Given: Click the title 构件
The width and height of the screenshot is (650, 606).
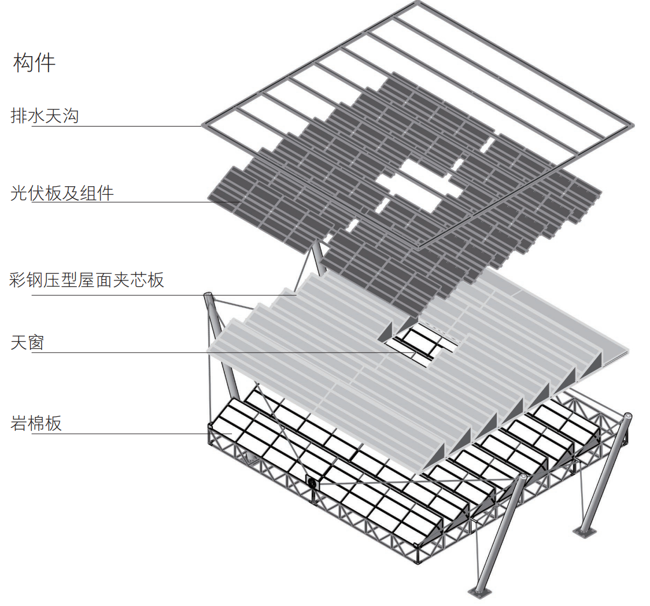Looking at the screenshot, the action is coord(34,63).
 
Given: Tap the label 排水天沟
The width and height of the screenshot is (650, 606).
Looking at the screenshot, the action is coord(45,116).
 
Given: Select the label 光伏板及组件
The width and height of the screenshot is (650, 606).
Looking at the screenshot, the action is coord(62,193).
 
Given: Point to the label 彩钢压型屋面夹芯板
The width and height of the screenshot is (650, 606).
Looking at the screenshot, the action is coord(87,280).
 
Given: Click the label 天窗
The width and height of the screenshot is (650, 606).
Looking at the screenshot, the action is coord(27,343).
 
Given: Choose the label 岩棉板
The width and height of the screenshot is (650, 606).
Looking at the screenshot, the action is coord(36,423).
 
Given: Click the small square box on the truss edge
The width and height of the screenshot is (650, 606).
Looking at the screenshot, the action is coord(312,483).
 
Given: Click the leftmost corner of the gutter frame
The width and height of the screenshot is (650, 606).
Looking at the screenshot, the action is coord(202,125).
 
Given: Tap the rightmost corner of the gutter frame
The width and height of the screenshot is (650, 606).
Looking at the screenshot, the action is coord(633,124).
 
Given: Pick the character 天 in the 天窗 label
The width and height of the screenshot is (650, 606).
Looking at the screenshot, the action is coord(19,343).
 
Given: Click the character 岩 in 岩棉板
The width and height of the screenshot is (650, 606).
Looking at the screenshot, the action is coord(19,423).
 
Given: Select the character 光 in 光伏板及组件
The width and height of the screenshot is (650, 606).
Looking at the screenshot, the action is coord(19,193).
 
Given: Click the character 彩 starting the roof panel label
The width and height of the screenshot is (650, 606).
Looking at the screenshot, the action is coord(18,280).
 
